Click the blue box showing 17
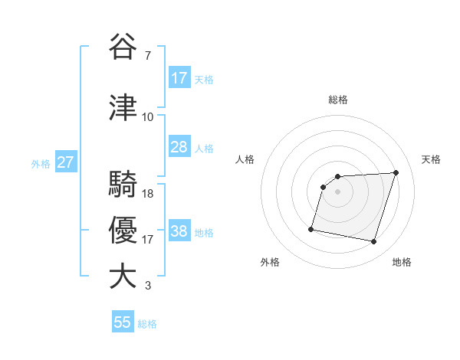[x=179, y=78]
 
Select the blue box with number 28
[x=179, y=147]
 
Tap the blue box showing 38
[x=179, y=231]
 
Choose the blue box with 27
[x=66, y=162]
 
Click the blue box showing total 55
[x=123, y=322]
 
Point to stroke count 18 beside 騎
[x=149, y=193]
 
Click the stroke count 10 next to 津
[x=148, y=116]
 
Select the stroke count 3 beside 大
[x=148, y=286]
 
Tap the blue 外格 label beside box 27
[x=41, y=163]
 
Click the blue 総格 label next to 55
[x=147, y=323]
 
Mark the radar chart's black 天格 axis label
[x=432, y=159]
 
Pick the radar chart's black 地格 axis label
[x=402, y=262]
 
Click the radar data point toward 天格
[x=396, y=172]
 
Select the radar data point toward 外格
[x=311, y=228]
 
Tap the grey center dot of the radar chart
[x=337, y=191]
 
